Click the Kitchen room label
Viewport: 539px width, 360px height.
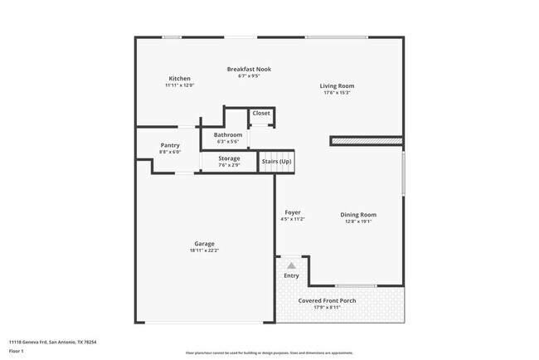tap(178, 79)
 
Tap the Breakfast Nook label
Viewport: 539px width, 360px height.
tap(250, 69)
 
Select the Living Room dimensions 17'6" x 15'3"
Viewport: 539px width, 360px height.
tap(337, 93)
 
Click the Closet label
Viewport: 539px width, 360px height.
tap(261, 113)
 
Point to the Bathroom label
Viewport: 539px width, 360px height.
tap(228, 134)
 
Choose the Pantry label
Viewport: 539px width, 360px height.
tap(170, 145)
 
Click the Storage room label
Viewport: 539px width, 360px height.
tap(230, 158)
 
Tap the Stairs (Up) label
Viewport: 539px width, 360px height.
tap(277, 161)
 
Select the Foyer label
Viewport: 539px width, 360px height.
tap(293, 212)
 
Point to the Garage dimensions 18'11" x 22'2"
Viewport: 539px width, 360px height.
tap(205, 250)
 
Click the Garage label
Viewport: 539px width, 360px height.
tap(205, 243)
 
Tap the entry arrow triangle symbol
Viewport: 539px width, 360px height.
tap(291, 265)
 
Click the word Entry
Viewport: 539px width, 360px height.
tap(291, 275)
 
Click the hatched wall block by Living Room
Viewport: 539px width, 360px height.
tap(367, 141)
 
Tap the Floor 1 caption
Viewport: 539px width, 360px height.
tap(17, 351)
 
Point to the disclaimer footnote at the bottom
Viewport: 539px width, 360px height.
tap(269, 353)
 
